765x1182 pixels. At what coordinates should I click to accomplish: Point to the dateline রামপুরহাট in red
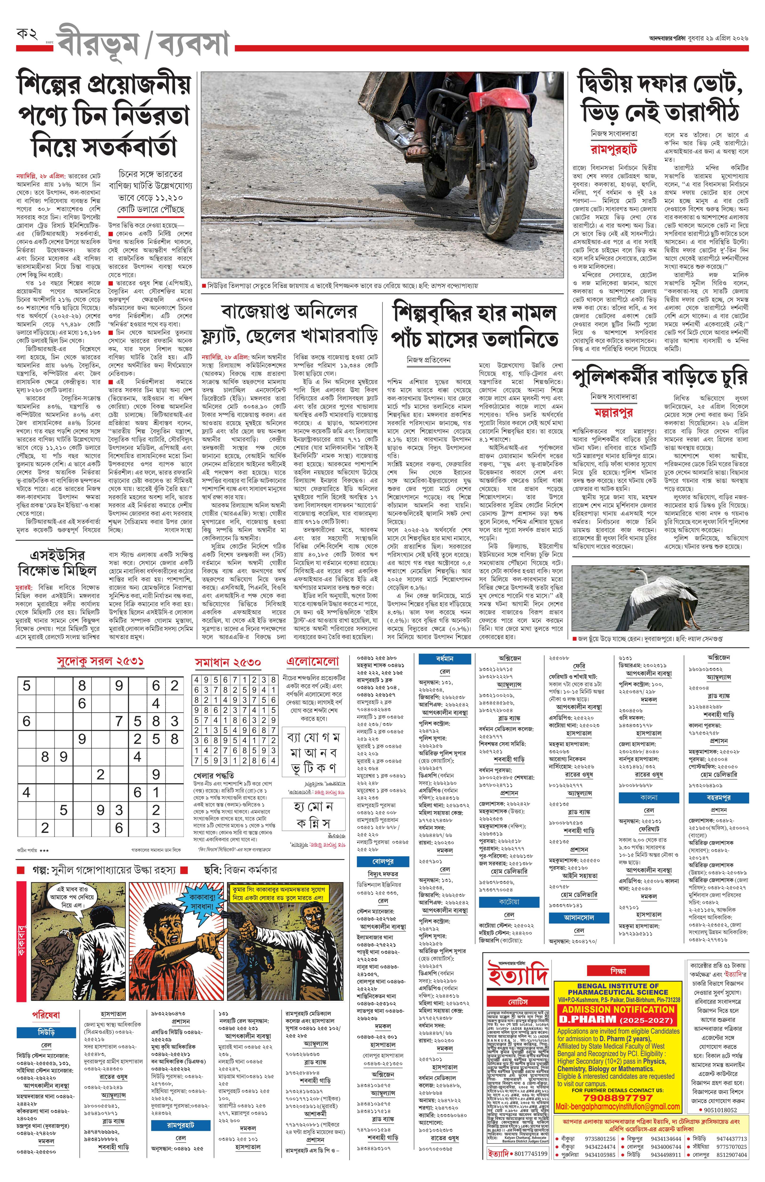pos(614,150)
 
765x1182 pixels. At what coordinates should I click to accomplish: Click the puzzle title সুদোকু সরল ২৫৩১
pos(100,662)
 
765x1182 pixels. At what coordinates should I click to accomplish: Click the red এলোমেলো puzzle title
pos(313,662)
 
